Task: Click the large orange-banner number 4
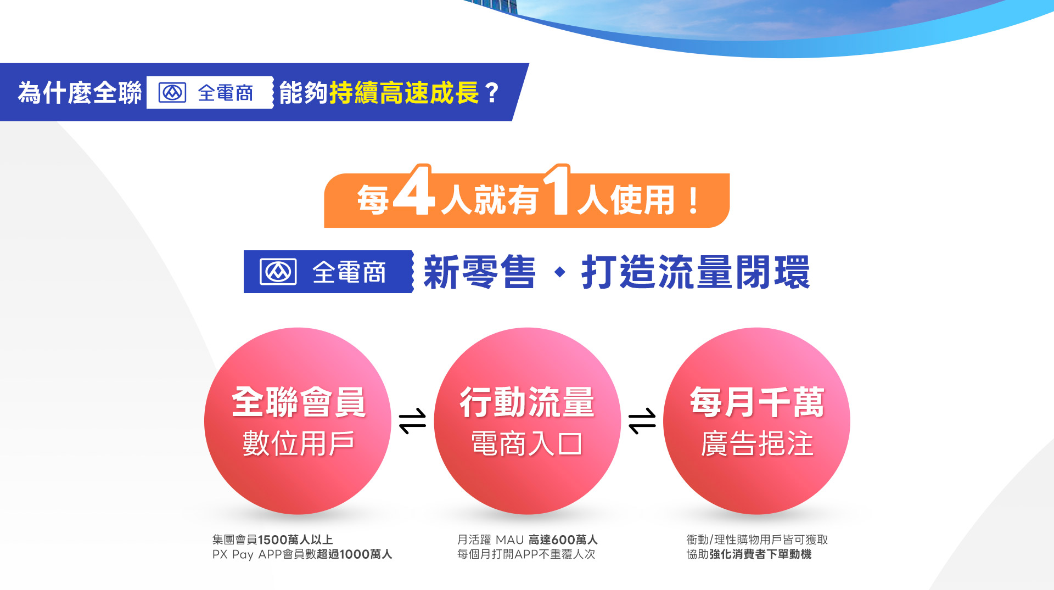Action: tap(414, 190)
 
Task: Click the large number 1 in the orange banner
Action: tap(558, 190)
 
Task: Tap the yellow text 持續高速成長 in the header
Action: tap(404, 92)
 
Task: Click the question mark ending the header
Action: tap(492, 93)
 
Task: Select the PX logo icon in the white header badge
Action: tap(172, 92)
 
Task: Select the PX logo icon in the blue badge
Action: tap(278, 272)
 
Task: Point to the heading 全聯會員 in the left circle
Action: tap(299, 402)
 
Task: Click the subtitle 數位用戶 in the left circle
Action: tap(299, 443)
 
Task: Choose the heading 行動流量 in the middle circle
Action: tap(527, 402)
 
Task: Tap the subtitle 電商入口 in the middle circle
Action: tap(527, 443)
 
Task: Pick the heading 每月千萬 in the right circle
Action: tap(757, 402)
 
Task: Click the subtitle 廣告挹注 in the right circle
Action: tap(757, 443)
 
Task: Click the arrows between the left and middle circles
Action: tap(412, 421)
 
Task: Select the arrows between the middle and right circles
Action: tap(642, 421)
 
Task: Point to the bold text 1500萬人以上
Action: tap(295, 540)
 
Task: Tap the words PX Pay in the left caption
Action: tap(233, 554)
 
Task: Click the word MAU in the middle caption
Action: tap(509, 540)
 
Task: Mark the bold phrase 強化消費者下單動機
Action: tap(760, 554)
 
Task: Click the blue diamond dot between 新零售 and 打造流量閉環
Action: tap(560, 272)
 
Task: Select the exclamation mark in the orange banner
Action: tap(693, 200)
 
